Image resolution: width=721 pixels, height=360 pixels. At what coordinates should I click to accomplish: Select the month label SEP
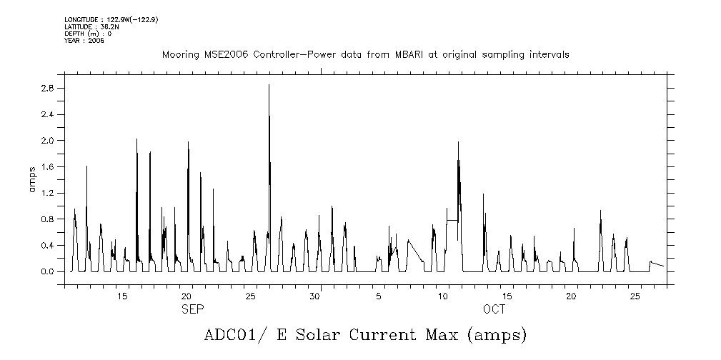coord(192,309)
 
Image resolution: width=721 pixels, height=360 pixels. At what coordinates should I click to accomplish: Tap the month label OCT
coord(494,309)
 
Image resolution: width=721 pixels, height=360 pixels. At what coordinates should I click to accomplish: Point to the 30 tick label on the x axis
coord(314,296)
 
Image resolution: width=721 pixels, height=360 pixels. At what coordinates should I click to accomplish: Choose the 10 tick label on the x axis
coord(443,296)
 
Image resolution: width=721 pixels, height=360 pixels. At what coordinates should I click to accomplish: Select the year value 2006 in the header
coord(96,41)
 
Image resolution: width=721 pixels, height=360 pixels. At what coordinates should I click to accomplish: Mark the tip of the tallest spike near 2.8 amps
coord(269,85)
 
